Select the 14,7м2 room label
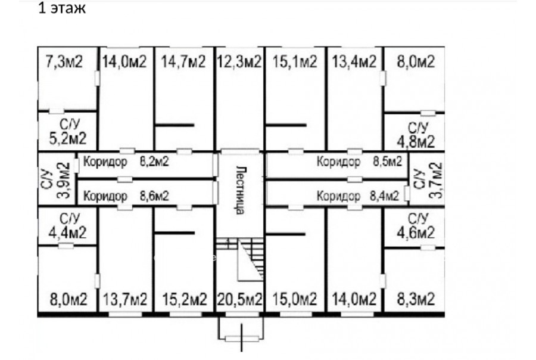[183, 61]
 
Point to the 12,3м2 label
[239, 61]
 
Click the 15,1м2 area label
[294, 61]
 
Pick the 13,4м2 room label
[354, 61]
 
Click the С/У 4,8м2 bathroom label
[416, 135]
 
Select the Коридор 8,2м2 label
[126, 161]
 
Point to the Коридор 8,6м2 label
[126, 195]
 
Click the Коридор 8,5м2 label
[359, 161]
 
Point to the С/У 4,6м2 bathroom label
[415, 224]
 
